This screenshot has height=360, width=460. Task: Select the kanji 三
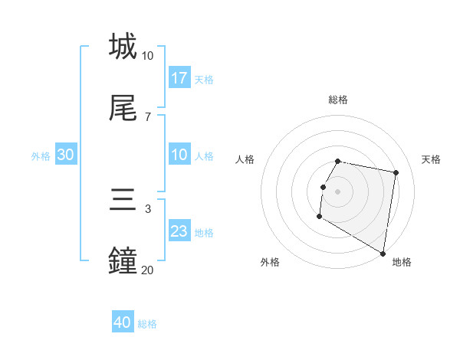[123, 201]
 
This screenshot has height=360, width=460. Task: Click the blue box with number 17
[179, 77]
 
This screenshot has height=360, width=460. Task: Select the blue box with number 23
[179, 231]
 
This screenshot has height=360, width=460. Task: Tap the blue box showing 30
[66, 155]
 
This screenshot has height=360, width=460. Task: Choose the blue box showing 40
[123, 322]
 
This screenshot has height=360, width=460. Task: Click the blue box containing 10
[179, 155]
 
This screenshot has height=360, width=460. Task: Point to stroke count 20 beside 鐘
[147, 270]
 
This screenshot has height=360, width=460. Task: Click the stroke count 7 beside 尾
[148, 116]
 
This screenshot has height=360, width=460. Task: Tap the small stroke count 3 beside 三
[148, 208]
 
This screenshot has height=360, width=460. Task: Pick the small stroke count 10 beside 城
[147, 55]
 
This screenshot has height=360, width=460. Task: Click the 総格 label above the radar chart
[338, 100]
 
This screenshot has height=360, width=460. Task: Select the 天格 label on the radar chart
[431, 159]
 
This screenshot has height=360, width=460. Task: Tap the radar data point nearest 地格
[383, 253]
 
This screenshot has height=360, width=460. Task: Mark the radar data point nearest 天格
[396, 173]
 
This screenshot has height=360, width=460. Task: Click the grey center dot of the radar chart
[338, 191]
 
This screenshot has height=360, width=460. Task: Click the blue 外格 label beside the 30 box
[41, 155]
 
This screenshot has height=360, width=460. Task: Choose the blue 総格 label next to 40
[148, 324]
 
